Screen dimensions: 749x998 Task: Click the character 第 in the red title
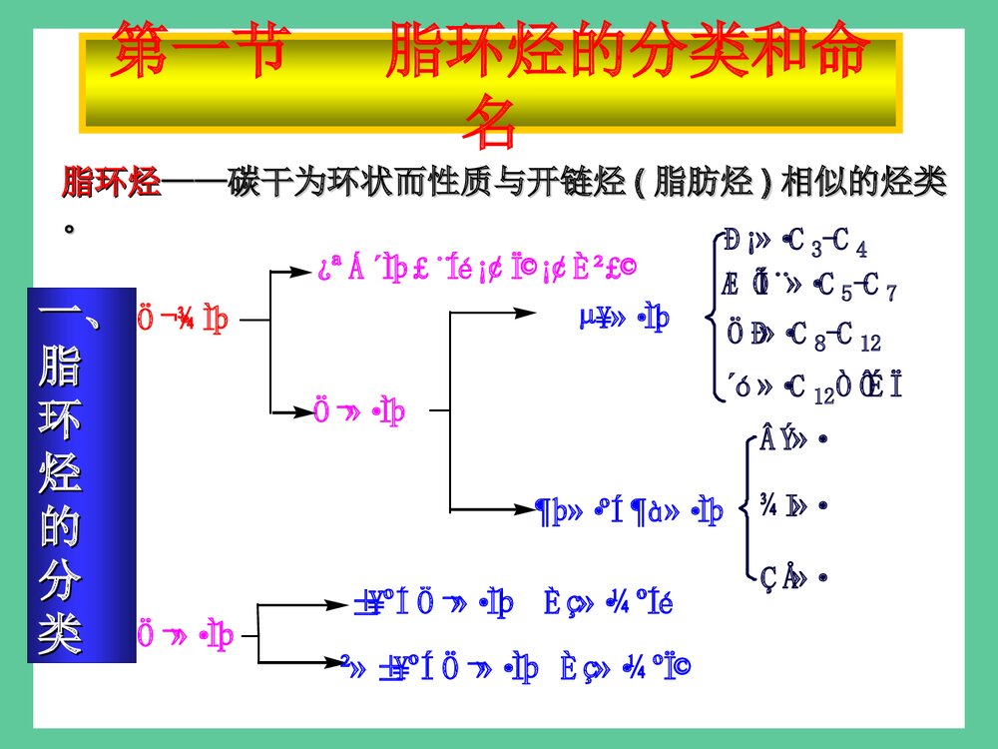click(141, 53)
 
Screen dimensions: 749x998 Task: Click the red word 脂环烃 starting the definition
click(110, 184)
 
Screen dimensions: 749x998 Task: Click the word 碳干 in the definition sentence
click(257, 184)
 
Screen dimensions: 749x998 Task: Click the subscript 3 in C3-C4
click(814, 249)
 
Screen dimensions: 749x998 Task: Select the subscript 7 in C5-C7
click(890, 295)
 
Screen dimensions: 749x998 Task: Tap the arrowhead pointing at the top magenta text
click(309, 269)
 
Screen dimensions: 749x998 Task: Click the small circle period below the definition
click(69, 228)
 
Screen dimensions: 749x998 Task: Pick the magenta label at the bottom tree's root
click(185, 634)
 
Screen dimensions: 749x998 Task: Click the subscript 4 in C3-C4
click(861, 249)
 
